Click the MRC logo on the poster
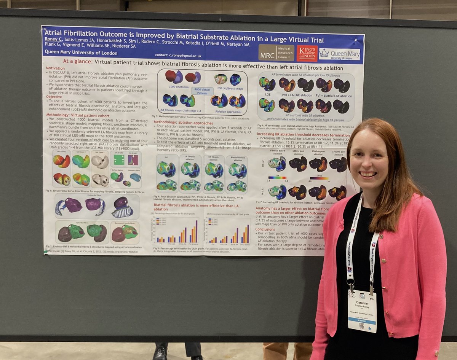click(276, 53)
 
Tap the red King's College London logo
click(307, 53)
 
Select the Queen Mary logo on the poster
click(340, 54)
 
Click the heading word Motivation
click(55, 68)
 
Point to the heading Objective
click(54, 97)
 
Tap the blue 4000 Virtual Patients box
click(202, 91)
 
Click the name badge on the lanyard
click(362, 311)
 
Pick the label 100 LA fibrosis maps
click(230, 88)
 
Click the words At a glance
click(77, 61)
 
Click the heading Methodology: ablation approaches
click(183, 123)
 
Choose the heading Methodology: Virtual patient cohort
click(78, 115)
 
